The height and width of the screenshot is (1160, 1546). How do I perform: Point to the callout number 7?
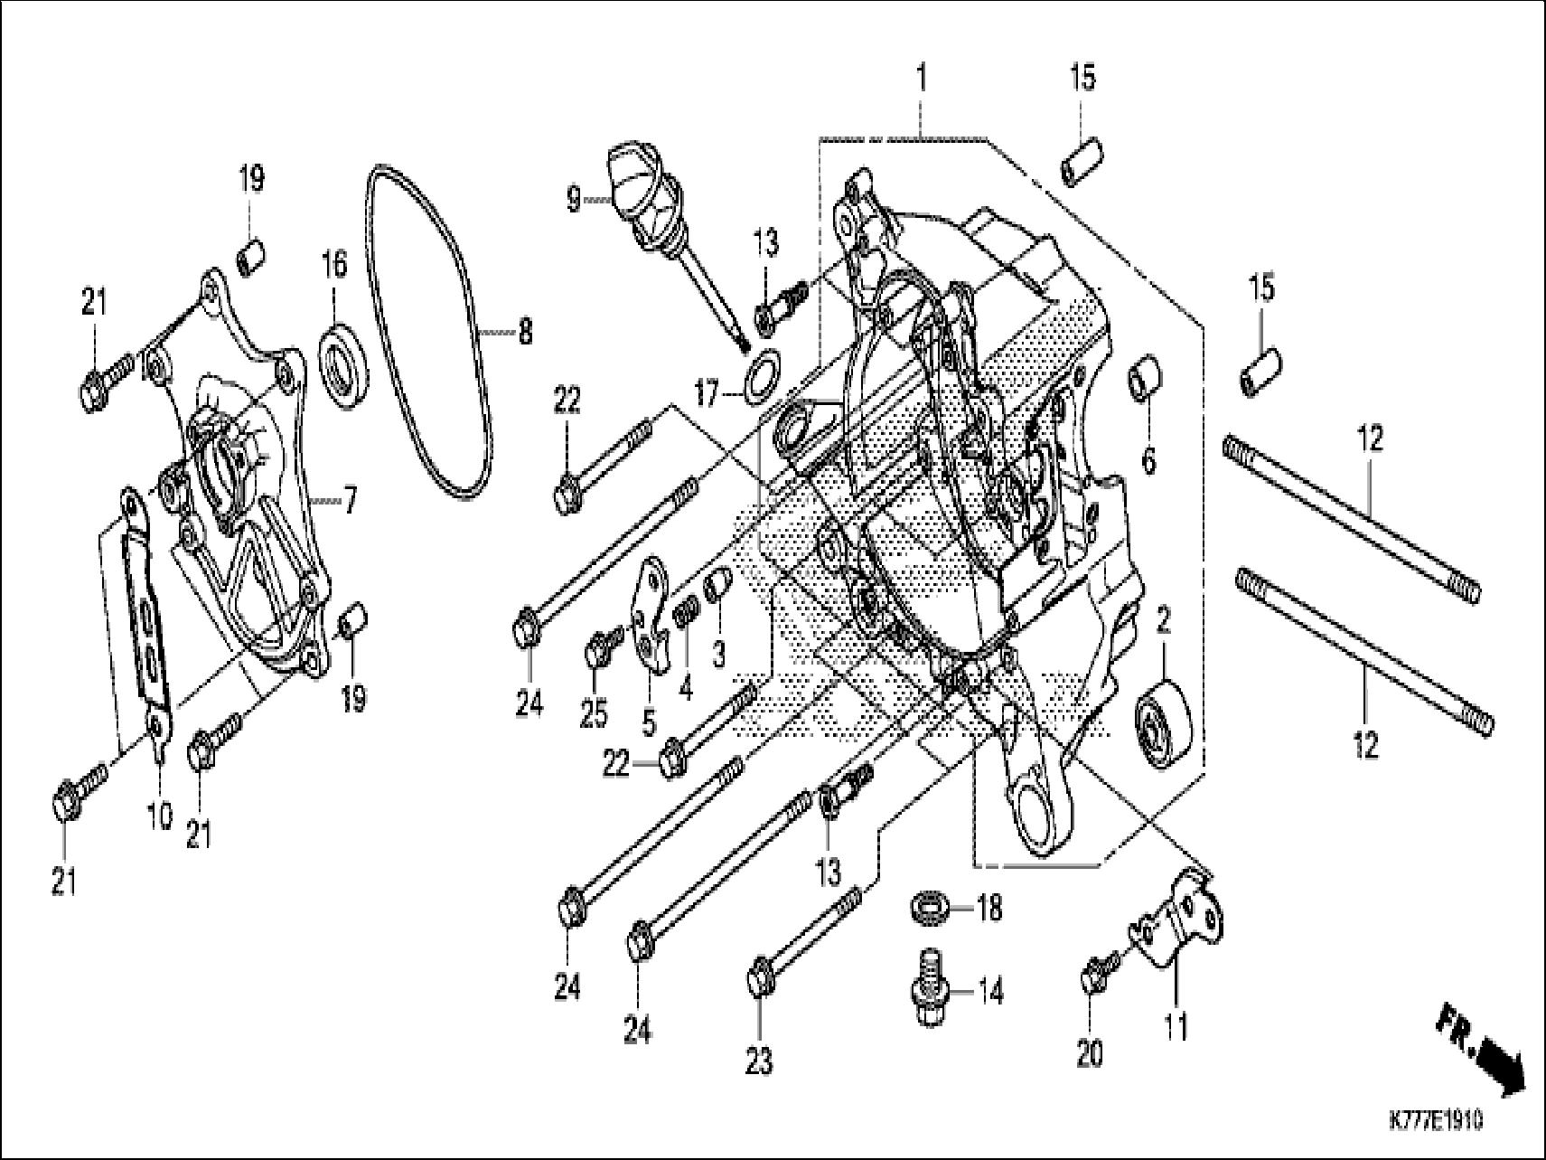coord(349,498)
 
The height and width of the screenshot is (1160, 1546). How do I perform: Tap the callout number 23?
coord(759,1061)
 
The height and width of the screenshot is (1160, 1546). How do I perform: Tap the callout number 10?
coord(159,816)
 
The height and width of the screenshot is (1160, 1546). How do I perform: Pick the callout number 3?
coord(717,654)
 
